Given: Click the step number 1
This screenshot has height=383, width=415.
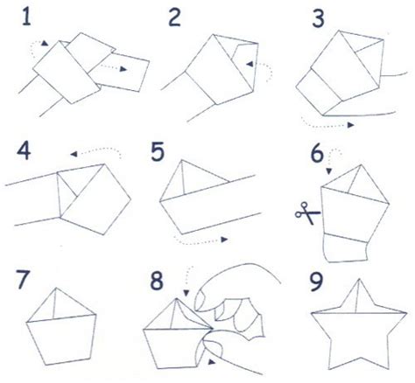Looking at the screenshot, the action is pos(26,17).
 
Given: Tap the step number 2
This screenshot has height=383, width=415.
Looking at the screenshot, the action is pos(174,17).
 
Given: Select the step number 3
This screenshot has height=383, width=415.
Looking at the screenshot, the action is pos(318,18).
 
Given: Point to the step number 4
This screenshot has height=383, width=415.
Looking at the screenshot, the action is pos(24,151).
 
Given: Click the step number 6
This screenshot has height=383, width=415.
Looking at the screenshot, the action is pos(317,154).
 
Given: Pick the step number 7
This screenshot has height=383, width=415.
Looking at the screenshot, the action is pos(23,279).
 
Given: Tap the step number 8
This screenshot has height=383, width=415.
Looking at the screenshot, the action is pos(157,281).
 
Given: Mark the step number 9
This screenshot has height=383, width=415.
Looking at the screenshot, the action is pos(316,282).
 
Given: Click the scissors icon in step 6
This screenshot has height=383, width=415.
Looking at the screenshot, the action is pos(307,213).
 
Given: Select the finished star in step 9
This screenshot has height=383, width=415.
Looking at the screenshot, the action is pos(359,324).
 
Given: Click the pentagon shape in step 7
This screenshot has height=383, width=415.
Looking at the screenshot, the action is pos(61,326).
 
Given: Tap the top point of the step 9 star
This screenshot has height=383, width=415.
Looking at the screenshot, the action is pos(359,279).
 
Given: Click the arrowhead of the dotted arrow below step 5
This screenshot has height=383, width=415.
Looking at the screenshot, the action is pos(224,240).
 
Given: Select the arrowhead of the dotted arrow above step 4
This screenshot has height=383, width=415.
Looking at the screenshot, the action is pos(74,154).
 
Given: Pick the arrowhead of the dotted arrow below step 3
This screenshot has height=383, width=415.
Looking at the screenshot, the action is pos(350,125).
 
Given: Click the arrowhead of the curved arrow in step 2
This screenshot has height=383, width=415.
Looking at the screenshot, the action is pos(250,64).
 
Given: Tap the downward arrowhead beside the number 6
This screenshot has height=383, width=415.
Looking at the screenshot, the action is pos(329,171).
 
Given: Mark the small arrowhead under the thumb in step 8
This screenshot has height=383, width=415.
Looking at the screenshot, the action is pos(211,362).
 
